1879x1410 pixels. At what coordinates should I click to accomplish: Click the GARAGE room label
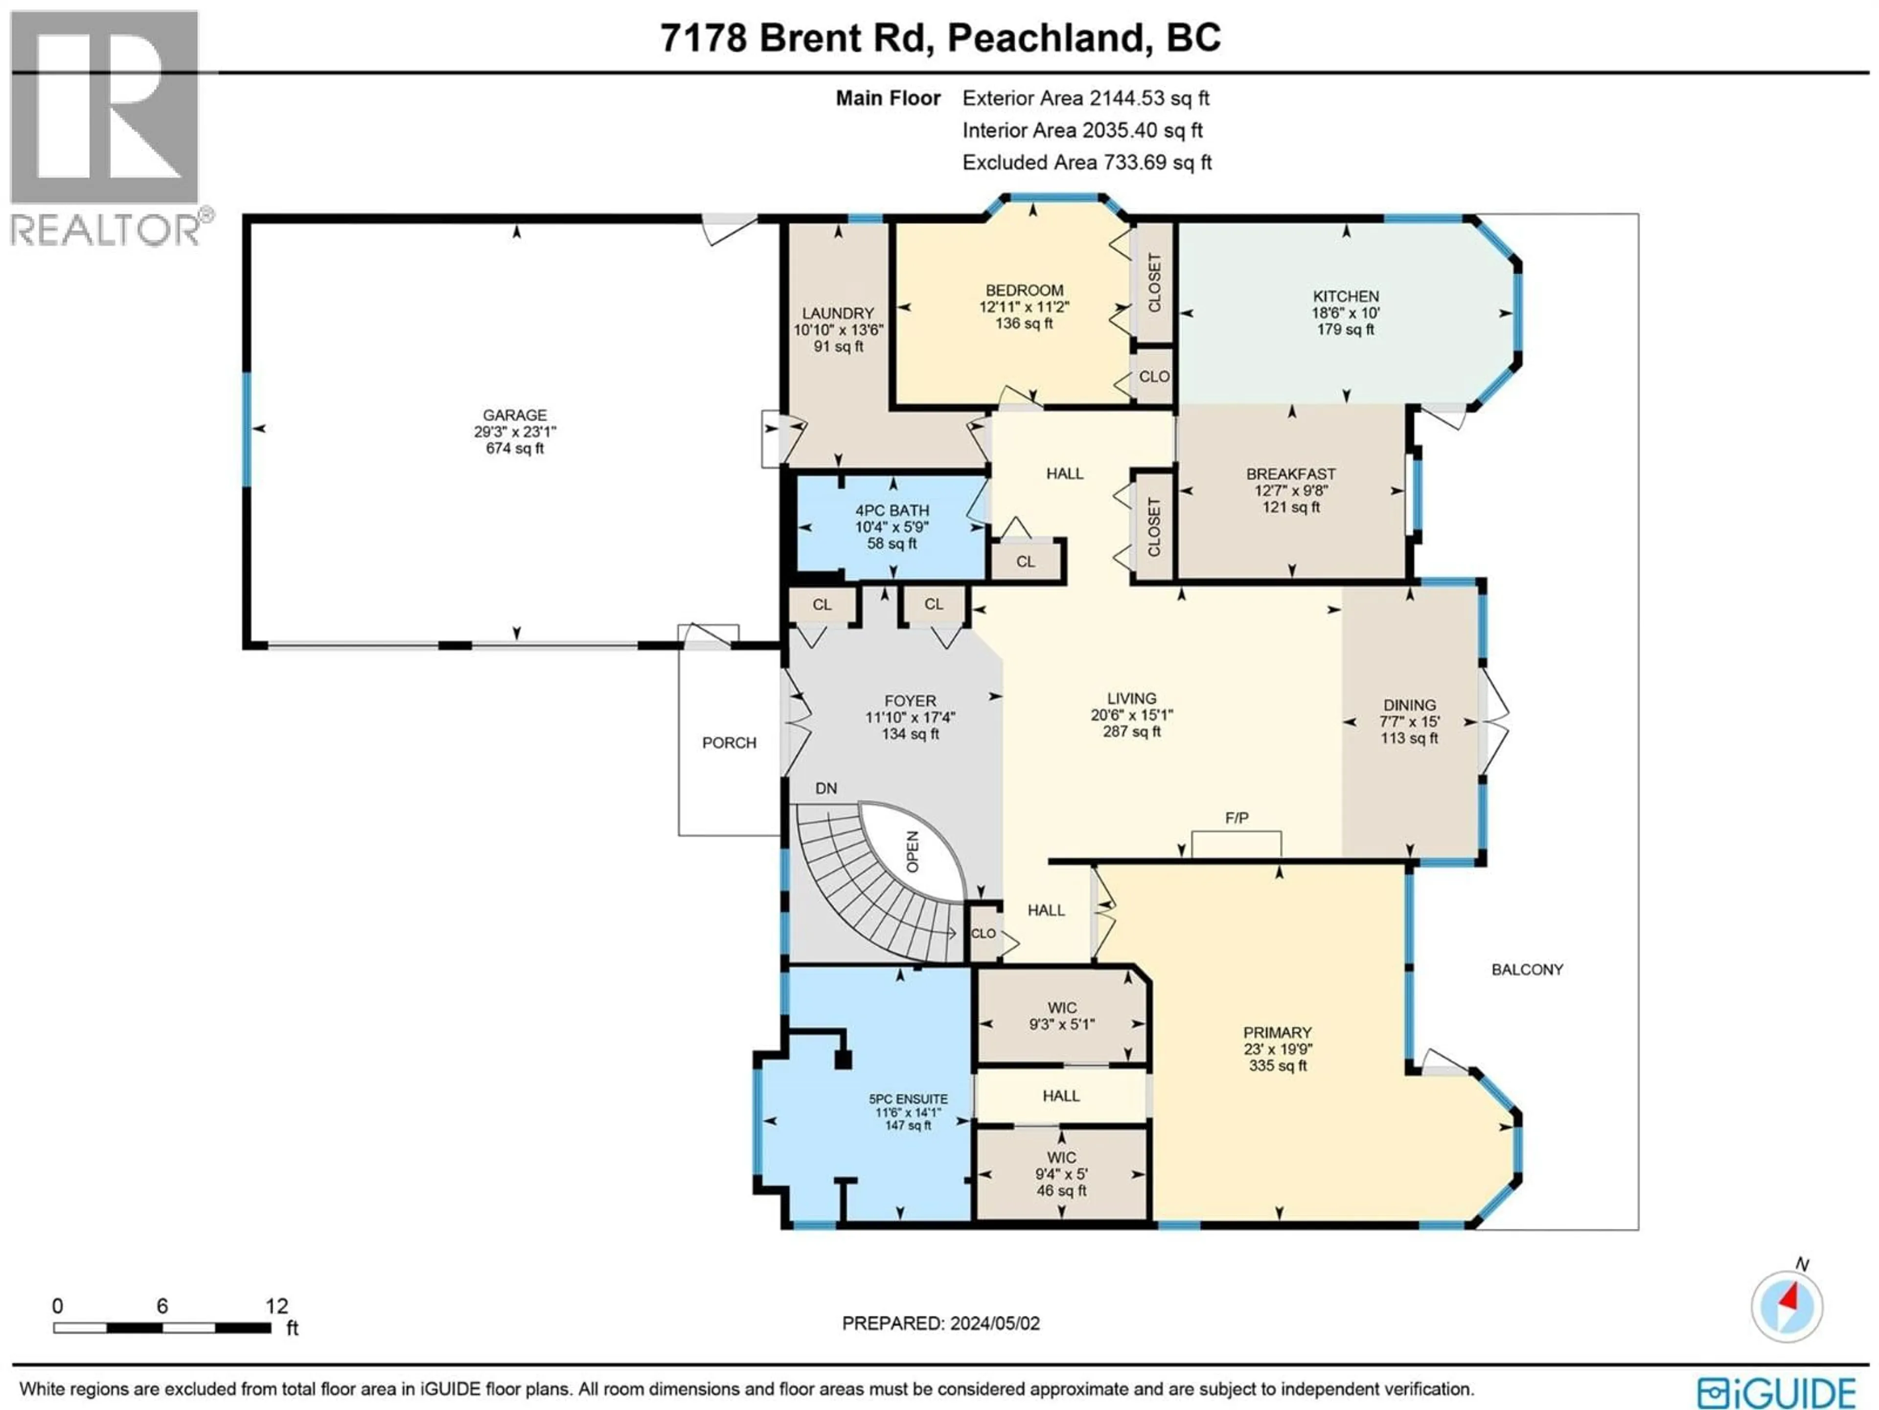515,415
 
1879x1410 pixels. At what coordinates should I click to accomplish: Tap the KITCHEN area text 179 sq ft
1346,329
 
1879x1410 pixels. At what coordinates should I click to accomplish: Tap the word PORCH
729,743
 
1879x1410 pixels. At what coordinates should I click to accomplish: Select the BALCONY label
1527,970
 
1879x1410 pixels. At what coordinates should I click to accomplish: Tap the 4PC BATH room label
892,511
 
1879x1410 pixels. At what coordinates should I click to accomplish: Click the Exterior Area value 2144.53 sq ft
1149,98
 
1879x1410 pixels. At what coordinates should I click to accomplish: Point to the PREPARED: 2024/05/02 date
940,1323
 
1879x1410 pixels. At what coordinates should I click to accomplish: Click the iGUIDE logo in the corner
1775,1392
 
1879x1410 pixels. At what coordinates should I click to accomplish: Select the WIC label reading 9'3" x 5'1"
1062,1024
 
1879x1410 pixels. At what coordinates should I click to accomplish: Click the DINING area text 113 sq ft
1409,738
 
